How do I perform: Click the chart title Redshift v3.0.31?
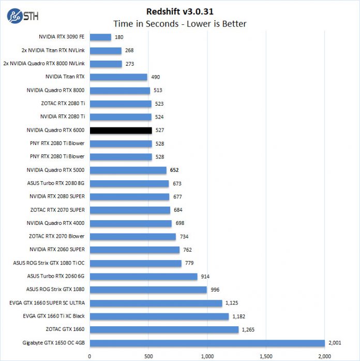(x=180, y=11)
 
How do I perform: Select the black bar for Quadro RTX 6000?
(x=121, y=131)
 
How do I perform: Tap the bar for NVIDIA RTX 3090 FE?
(x=100, y=37)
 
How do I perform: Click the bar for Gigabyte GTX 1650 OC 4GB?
(x=207, y=343)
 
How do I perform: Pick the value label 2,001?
(x=334, y=343)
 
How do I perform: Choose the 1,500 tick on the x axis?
(x=266, y=356)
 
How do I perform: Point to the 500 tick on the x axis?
(x=148, y=356)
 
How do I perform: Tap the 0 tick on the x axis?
(x=90, y=356)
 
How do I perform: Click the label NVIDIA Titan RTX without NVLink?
(x=65, y=77)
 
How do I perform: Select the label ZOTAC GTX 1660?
(x=65, y=329)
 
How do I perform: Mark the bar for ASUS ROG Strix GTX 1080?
(x=148, y=290)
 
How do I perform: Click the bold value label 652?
(x=175, y=170)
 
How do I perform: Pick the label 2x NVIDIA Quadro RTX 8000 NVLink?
(x=44, y=64)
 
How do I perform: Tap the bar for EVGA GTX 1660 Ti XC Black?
(x=159, y=316)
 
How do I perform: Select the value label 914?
(x=205, y=277)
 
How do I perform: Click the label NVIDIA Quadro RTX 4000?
(x=55, y=223)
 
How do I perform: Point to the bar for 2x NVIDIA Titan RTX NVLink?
(x=106, y=51)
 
